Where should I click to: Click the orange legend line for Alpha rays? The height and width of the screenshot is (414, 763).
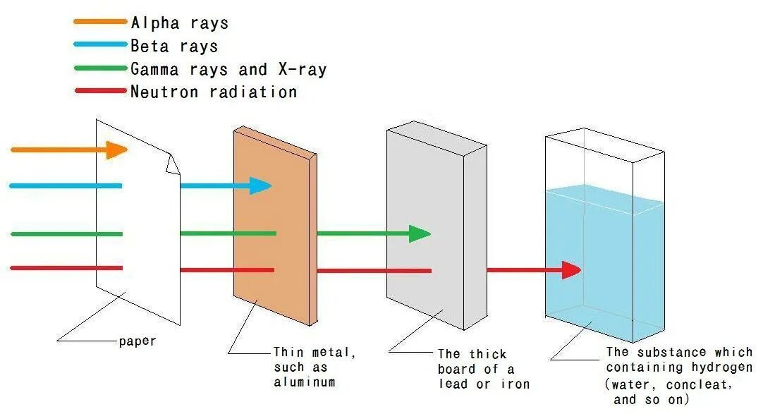pyautogui.click(x=99, y=22)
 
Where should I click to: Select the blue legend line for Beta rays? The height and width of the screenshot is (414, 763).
pyautogui.click(x=99, y=45)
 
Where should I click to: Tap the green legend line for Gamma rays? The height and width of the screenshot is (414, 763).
pyautogui.click(x=99, y=68)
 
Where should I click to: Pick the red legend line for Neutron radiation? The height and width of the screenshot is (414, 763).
pyautogui.click(x=99, y=91)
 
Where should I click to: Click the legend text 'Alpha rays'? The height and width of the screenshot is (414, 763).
pyautogui.click(x=180, y=23)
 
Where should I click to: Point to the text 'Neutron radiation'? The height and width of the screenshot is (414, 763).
pyautogui.click(x=214, y=92)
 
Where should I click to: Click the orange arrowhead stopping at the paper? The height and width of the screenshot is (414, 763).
pyautogui.click(x=117, y=150)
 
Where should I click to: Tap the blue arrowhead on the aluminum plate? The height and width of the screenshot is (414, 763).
pyautogui.click(x=260, y=186)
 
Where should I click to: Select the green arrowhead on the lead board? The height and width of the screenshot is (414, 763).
pyautogui.click(x=420, y=233)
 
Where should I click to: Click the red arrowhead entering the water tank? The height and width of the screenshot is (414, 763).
pyautogui.click(x=571, y=269)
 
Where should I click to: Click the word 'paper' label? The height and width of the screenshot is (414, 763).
pyautogui.click(x=138, y=341)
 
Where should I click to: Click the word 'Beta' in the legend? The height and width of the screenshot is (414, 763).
pyautogui.click(x=149, y=46)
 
